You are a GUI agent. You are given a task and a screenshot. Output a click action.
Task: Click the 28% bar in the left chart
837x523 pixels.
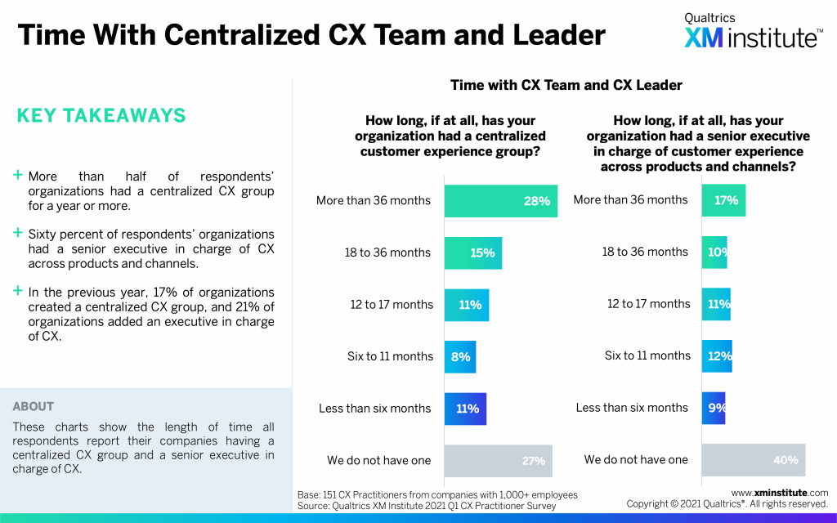coord(500,201)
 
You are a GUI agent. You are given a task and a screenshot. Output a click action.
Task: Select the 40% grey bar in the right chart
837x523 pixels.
coord(753,460)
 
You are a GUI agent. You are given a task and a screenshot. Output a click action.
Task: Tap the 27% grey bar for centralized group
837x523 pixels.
coord(498,460)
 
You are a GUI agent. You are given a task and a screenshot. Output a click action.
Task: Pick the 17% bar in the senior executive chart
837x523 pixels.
coord(723,200)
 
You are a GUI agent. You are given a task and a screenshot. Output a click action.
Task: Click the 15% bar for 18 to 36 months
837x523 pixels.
coord(472,253)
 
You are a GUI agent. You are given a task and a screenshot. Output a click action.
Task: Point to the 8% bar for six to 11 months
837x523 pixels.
coord(459,356)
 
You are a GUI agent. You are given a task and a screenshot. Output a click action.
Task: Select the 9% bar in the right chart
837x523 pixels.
coord(713,408)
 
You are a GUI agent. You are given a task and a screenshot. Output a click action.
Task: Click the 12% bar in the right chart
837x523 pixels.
coord(717,356)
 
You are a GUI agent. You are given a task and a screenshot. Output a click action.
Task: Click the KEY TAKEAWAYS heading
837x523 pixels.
coord(101,116)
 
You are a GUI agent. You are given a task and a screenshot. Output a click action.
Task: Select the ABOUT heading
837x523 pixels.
coord(34,406)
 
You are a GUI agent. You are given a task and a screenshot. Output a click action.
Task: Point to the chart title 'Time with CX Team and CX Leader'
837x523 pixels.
coord(566,85)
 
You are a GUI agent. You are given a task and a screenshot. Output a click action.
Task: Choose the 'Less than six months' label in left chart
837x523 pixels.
coord(374,409)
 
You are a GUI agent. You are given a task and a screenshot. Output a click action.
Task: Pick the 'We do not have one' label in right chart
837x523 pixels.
coord(636,460)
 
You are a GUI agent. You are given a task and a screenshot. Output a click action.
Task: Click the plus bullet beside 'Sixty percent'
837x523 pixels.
coord(17,234)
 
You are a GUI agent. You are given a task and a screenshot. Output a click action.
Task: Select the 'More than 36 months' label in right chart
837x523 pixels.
coord(631,200)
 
